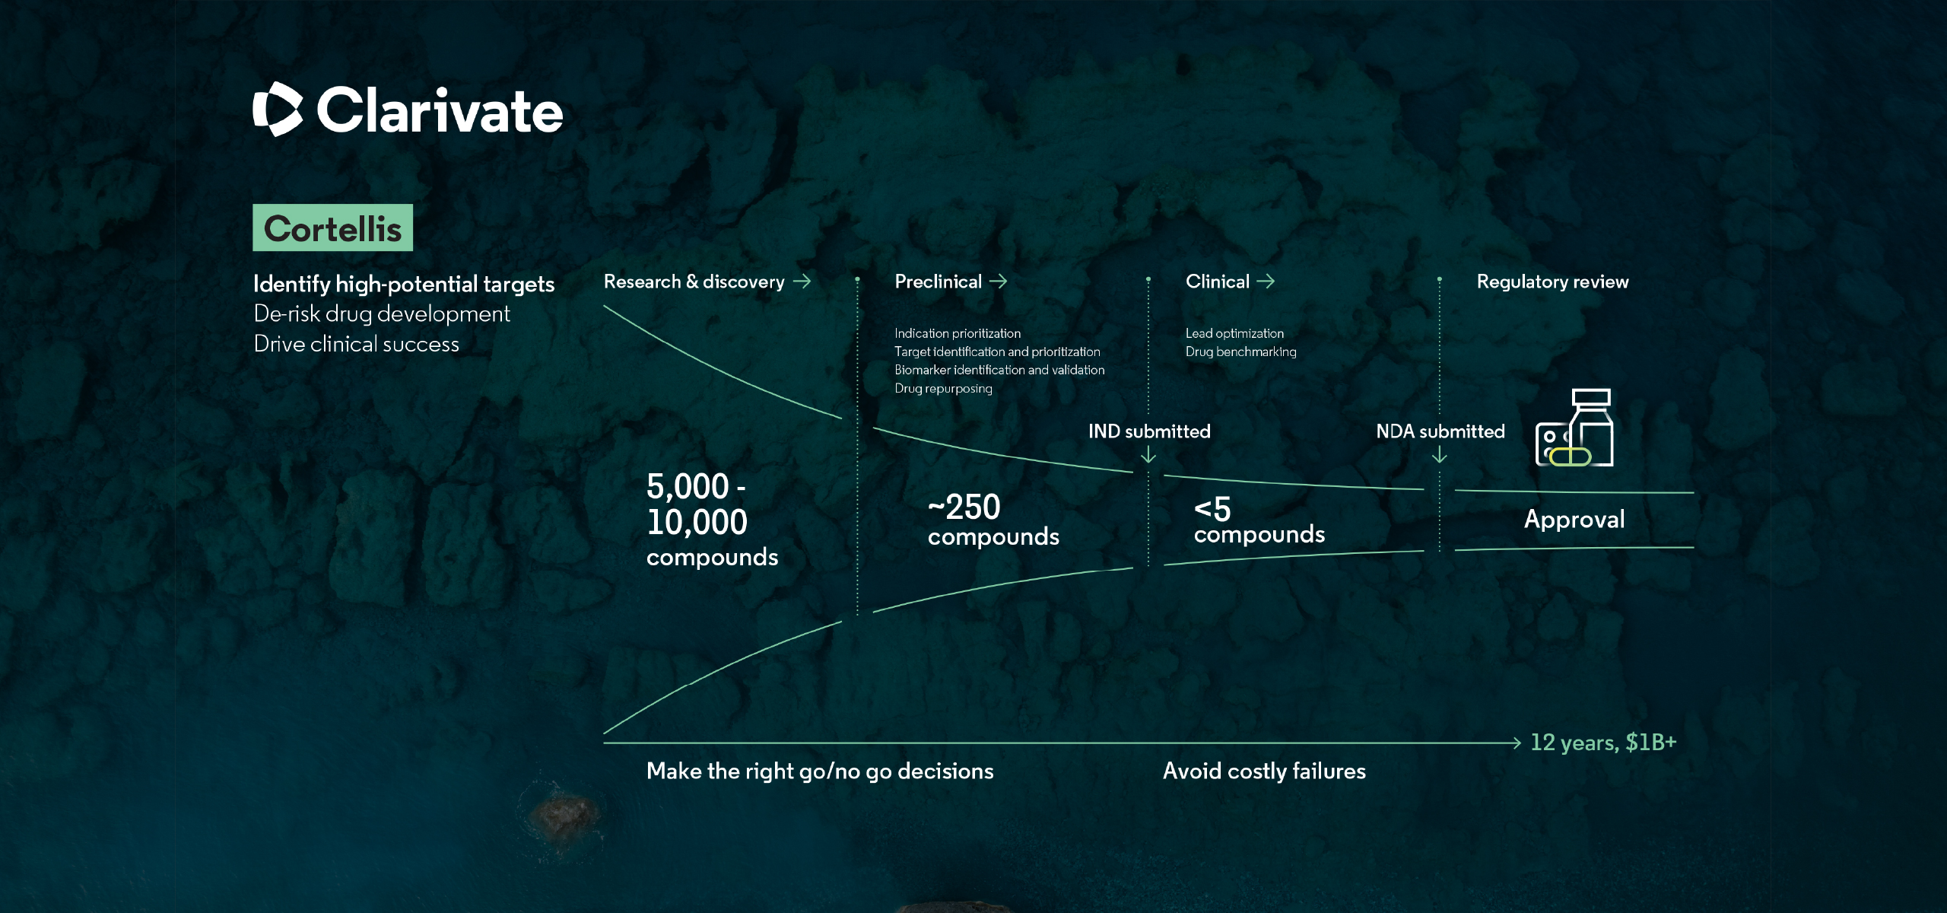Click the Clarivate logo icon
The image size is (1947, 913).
(x=278, y=109)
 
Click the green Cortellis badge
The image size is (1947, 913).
(x=332, y=227)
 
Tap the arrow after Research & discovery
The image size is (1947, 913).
(x=802, y=282)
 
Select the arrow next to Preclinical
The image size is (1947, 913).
(x=999, y=282)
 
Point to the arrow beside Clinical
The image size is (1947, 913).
(x=1266, y=282)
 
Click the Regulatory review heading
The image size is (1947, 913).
(x=1552, y=282)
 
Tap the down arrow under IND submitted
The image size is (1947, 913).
(x=1148, y=454)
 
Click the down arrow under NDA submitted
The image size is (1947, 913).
(x=1439, y=454)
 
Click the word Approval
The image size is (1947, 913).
(x=1574, y=519)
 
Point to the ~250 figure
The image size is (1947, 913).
(x=964, y=507)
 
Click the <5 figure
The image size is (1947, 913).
(x=1212, y=509)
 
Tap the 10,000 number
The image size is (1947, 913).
(x=697, y=522)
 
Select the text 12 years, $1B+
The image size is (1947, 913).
(x=1603, y=742)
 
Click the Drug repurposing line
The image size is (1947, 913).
(x=943, y=388)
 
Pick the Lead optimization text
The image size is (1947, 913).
(x=1234, y=333)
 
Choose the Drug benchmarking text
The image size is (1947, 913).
(x=1240, y=352)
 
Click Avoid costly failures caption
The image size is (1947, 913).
(x=1264, y=771)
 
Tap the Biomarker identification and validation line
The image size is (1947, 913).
(x=999, y=370)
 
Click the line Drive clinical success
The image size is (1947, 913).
(x=356, y=344)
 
